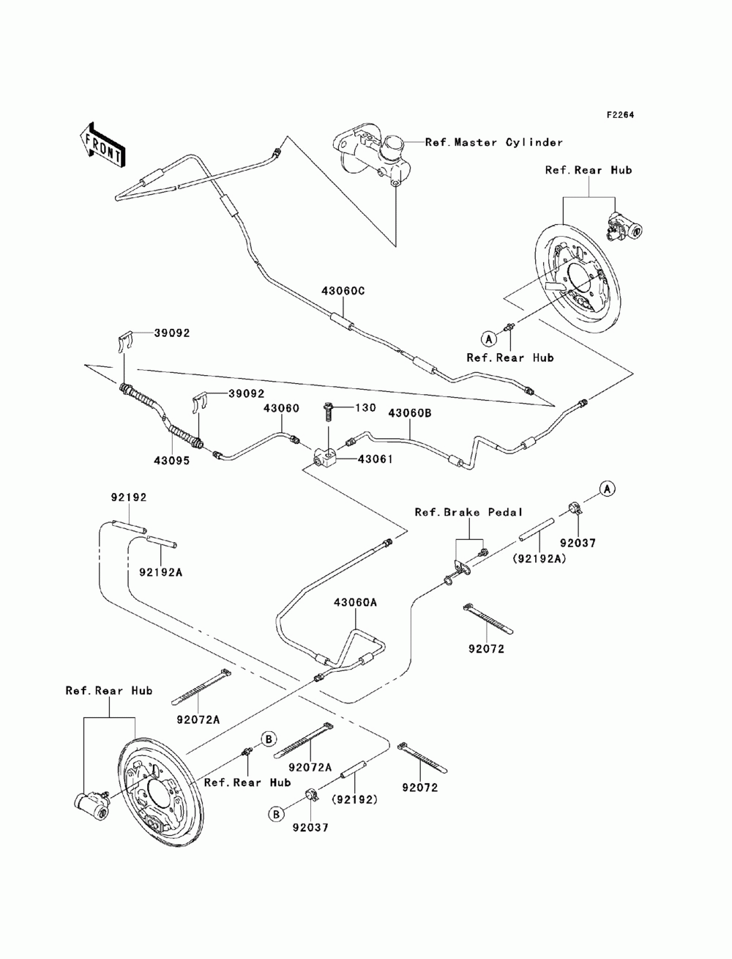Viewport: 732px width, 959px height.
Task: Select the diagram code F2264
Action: (620, 115)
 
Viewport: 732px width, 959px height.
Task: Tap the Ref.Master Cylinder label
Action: (494, 142)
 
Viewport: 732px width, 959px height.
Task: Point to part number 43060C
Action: (343, 291)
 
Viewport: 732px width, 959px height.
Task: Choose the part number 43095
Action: (171, 461)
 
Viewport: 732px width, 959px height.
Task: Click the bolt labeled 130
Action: (328, 411)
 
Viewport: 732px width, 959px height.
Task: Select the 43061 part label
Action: (375, 459)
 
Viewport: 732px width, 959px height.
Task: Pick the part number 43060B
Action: (410, 413)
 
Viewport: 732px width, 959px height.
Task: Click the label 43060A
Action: (355, 602)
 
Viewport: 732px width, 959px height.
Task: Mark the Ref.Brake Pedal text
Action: (468, 512)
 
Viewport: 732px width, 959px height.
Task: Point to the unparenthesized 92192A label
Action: (161, 572)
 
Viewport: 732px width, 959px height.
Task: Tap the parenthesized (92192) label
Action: (354, 799)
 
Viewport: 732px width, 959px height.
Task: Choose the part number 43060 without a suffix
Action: (281, 408)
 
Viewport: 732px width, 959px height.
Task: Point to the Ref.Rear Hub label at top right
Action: (589, 170)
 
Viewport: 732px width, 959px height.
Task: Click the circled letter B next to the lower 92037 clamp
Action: (276, 814)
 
